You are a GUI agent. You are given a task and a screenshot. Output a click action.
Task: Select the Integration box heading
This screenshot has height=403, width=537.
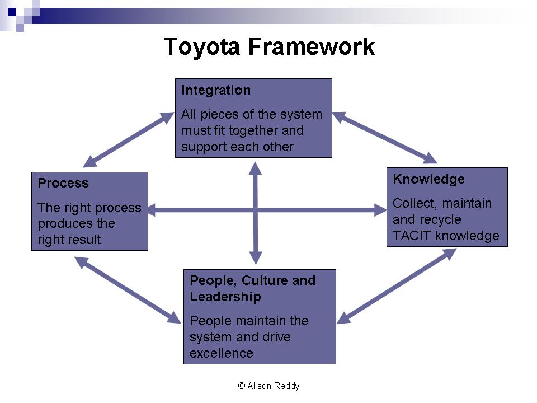(216, 91)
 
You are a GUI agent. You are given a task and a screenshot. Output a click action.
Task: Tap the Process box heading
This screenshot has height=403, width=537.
(63, 184)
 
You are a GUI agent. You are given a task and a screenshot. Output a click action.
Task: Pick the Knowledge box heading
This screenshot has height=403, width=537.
(428, 179)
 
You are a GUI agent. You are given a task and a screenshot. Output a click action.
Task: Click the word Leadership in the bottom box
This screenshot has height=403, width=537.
(225, 297)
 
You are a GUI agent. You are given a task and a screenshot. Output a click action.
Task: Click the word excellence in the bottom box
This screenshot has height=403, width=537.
(222, 353)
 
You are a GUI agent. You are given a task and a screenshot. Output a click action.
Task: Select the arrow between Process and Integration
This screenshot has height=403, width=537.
(129, 139)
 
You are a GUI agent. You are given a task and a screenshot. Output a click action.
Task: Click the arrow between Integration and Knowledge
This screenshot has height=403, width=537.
(385, 138)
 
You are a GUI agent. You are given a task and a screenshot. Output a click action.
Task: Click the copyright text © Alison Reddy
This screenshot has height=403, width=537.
(268, 386)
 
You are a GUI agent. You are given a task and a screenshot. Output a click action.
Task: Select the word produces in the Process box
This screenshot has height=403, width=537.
(61, 223)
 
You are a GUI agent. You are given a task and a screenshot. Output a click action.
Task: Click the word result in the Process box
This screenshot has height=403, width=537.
(86, 240)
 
